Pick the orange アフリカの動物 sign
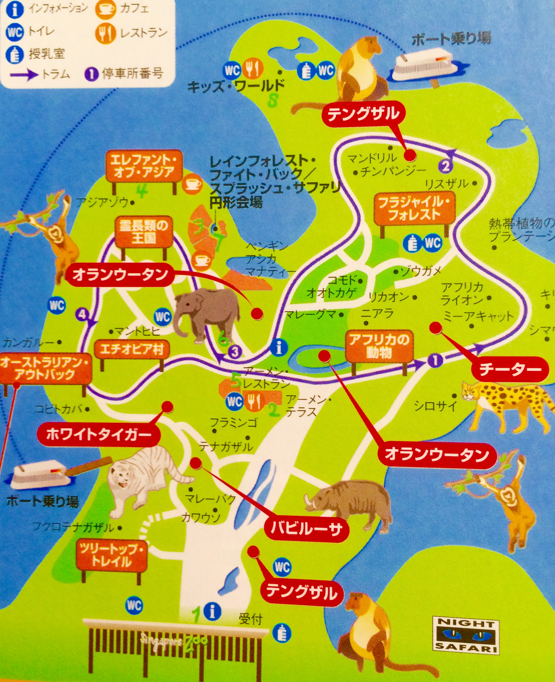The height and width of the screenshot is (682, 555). pos(379,347)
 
